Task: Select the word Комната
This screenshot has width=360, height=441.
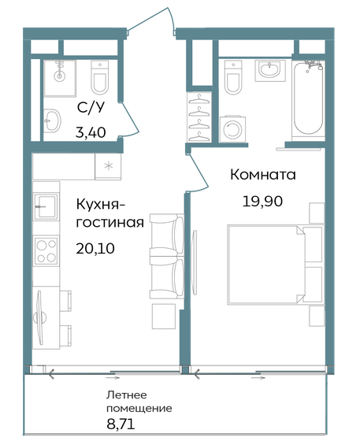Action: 262,174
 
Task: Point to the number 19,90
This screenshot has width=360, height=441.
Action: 262,199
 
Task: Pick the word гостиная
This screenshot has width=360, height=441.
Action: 109,223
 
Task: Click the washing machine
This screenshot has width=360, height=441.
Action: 234,129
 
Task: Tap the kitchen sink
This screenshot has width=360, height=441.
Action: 46,206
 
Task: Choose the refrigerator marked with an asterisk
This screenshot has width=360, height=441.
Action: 107,166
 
